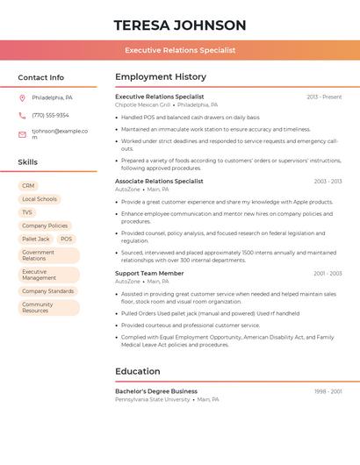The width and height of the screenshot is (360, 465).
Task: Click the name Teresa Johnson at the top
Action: [x=180, y=25]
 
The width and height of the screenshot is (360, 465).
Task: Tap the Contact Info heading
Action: [x=40, y=77]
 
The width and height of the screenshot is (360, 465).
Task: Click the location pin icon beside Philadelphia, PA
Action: [x=22, y=97]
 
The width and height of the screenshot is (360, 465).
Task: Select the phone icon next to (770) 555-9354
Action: [x=22, y=115]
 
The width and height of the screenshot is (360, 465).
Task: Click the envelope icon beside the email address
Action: [x=22, y=134]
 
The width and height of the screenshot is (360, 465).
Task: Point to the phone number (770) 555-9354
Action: [x=50, y=115]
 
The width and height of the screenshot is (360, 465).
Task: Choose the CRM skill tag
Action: [x=28, y=186]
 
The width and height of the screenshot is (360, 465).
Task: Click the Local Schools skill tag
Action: [x=40, y=199]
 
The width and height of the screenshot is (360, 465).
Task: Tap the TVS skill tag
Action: [x=27, y=212]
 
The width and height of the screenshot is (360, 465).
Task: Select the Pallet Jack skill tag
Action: [x=36, y=239]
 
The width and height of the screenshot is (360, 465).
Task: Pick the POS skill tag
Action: [x=67, y=239]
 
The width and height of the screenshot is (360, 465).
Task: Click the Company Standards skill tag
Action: [x=48, y=291]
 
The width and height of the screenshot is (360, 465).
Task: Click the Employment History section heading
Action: [x=161, y=77]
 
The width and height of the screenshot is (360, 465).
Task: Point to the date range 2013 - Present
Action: [x=324, y=97]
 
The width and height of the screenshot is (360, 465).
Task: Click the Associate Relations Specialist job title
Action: [x=159, y=181]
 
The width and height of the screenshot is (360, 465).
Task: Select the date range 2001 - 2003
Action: [x=328, y=274]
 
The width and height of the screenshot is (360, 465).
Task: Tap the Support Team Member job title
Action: [x=149, y=274]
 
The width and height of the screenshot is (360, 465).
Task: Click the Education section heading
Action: [x=137, y=371]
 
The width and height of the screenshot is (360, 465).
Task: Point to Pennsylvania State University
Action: [x=152, y=399]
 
